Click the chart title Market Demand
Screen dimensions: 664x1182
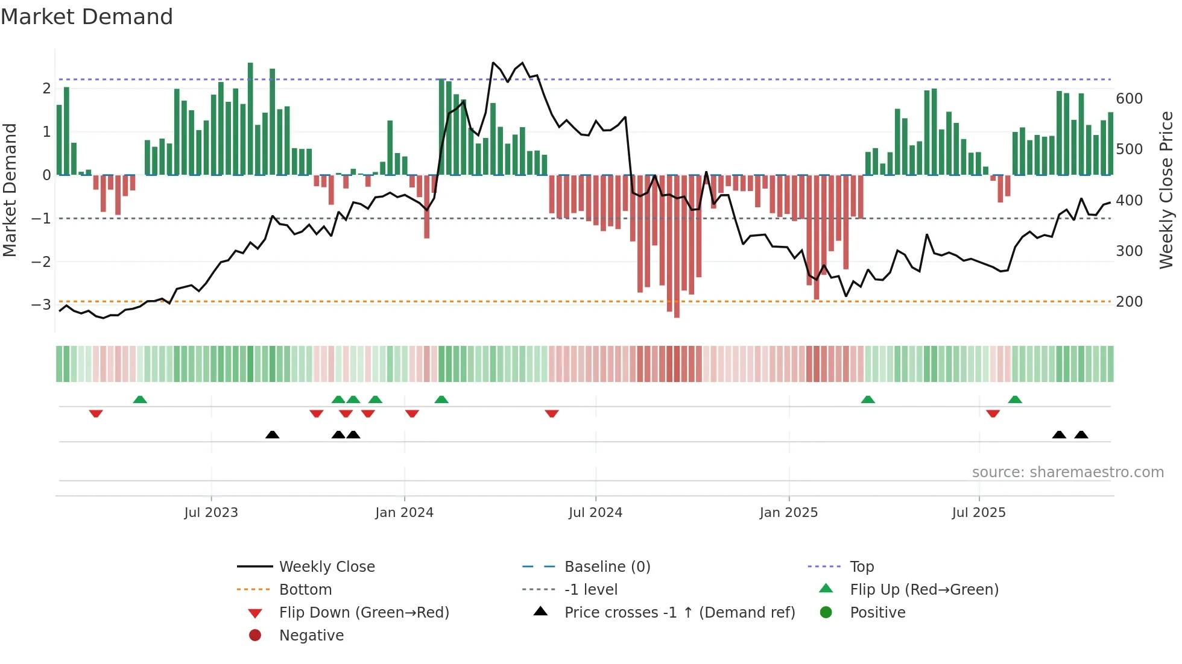point(87,16)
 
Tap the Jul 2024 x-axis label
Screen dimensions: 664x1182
point(595,512)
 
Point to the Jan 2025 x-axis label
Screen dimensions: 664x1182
point(788,512)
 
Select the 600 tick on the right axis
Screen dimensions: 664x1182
point(1129,98)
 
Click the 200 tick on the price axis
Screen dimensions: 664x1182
point(1129,301)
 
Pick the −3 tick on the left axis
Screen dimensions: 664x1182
point(41,304)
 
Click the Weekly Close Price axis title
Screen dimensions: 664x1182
point(1166,190)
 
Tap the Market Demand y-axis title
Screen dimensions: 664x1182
point(10,190)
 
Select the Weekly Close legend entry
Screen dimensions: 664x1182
point(326,566)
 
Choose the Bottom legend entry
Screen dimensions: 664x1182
point(305,589)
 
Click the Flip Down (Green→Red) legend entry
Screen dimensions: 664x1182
point(364,612)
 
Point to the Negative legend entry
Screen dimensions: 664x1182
point(311,635)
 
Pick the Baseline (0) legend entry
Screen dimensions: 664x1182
point(607,566)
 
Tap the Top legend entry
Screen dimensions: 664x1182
point(862,566)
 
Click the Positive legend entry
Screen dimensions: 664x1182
point(877,612)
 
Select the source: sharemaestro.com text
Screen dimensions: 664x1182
point(1067,472)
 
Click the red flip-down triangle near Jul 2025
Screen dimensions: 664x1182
point(993,413)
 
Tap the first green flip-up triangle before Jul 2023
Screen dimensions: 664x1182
point(140,399)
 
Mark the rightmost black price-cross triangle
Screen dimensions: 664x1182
point(1081,434)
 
